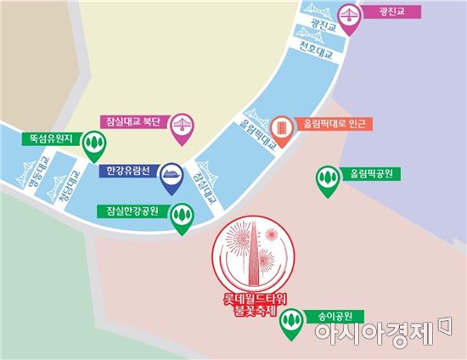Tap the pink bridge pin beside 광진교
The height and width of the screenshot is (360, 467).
(x=347, y=16)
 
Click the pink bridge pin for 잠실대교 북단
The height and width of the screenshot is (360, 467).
(x=179, y=124)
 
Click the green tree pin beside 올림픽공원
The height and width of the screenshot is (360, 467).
(x=326, y=177)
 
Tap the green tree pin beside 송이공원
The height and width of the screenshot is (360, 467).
(x=291, y=321)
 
